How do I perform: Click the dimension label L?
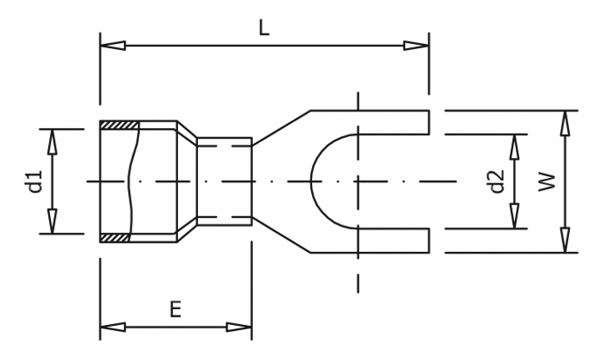264,28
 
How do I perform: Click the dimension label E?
175,310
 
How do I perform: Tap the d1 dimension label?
35,181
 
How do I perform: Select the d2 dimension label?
497,181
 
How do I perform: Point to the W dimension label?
546,181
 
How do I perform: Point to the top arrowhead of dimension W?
566,122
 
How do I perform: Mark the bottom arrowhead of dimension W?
566,240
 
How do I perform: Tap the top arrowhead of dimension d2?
517,145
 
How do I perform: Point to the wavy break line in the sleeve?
130,181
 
